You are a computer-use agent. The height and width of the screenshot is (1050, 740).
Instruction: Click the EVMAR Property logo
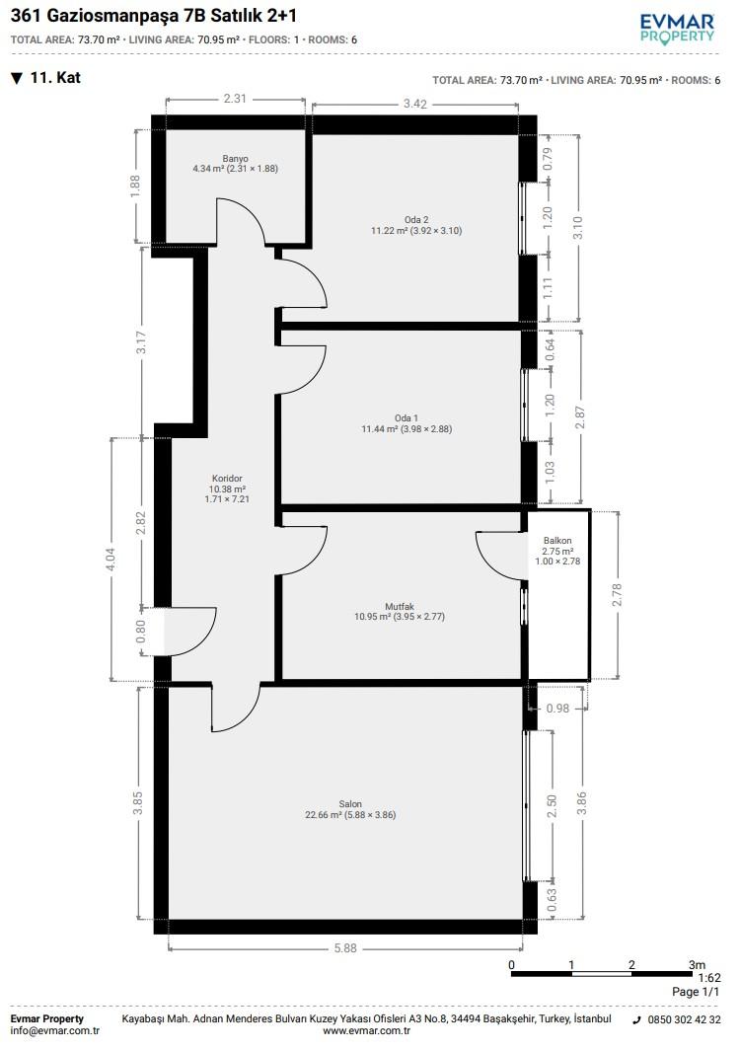coord(677,30)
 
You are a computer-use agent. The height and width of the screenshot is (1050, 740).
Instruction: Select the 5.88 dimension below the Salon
coord(345,947)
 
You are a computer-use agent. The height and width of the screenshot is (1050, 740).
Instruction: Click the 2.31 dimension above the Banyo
coord(235,99)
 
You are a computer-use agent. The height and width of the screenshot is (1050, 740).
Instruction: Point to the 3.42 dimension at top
coord(415,104)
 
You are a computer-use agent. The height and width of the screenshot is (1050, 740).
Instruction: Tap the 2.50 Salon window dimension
coord(552,805)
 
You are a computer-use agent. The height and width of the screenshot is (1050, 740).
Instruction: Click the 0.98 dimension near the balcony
coord(557,708)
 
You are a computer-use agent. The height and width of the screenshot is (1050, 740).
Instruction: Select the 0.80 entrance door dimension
coord(141,632)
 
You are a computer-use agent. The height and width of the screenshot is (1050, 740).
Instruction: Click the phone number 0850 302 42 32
coord(685,1019)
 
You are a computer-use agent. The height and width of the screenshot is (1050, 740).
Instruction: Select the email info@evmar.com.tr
coord(55,1031)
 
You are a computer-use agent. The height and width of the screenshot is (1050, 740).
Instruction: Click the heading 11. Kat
coord(55,78)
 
